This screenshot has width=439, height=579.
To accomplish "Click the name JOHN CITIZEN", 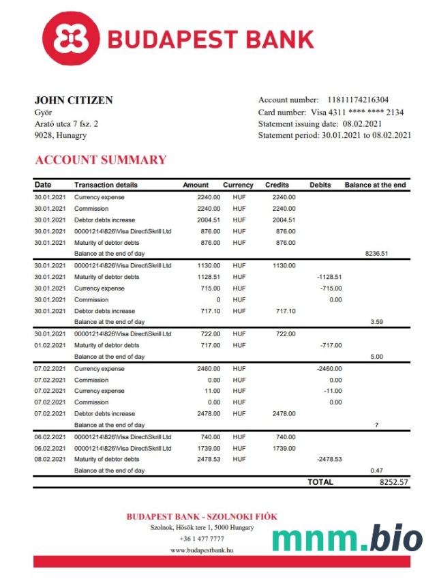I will [74, 100].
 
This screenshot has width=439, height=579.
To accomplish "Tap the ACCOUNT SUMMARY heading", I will [100, 160].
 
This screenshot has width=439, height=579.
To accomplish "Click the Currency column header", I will [238, 185].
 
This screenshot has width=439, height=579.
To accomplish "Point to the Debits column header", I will [320, 185].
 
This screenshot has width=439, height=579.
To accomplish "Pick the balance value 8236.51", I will [376, 253].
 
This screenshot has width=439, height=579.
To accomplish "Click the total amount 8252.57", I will [393, 482].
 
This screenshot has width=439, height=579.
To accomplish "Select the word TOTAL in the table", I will [320, 482].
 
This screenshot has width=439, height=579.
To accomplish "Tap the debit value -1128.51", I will [329, 277].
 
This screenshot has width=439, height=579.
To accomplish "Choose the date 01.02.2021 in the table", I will [50, 345].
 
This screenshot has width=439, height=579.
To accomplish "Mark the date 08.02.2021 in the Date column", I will [50, 460].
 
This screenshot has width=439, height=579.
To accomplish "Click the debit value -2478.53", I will [329, 460].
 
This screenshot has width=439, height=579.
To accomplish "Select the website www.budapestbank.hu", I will [201, 550].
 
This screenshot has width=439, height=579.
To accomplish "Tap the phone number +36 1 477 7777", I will [202, 539].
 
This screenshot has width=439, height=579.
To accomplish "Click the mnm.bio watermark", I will [347, 537].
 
